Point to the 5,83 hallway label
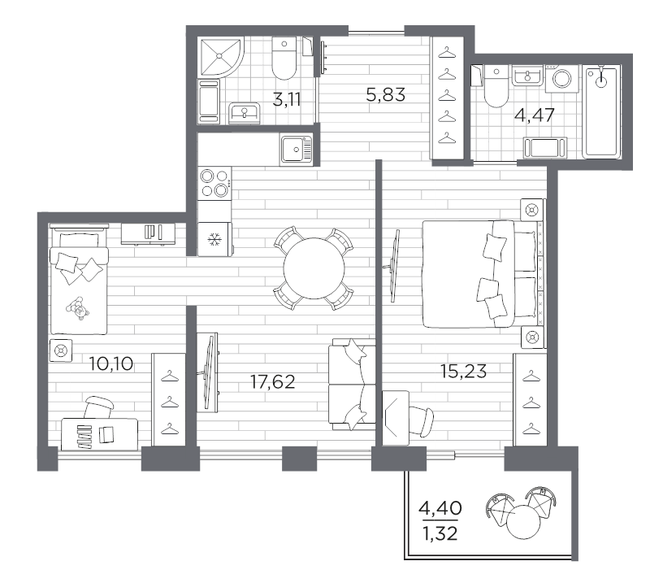point(385,95)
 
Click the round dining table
point(313,269)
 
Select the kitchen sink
point(295,149)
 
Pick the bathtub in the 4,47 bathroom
point(600,112)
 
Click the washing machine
point(561,79)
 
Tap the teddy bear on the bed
point(80,309)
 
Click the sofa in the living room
point(352,384)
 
